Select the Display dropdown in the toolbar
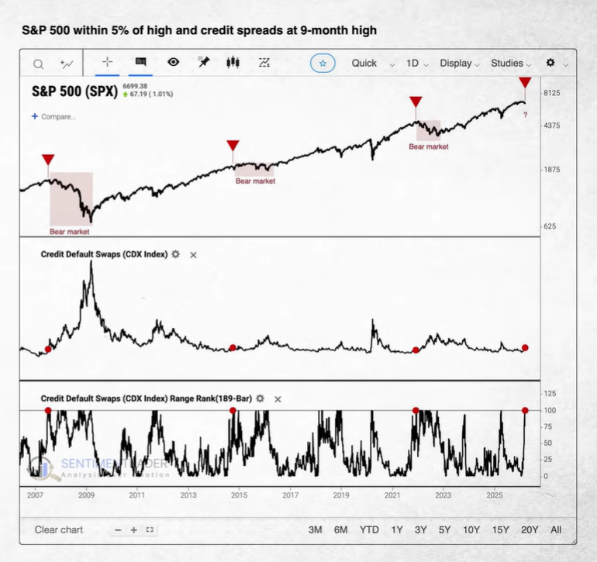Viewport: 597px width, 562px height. (x=459, y=63)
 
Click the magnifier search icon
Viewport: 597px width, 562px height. (x=39, y=64)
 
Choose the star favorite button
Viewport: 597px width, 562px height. (x=323, y=63)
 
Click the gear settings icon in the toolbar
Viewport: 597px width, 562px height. (x=550, y=63)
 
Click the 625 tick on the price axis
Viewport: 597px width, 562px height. (x=549, y=226)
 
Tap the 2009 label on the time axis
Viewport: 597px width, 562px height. (x=86, y=494)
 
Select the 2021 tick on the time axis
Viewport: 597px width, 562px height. (x=392, y=494)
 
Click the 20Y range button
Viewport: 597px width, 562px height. (x=530, y=529)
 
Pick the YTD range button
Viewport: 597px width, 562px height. (x=369, y=529)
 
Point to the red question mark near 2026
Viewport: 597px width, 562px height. (x=525, y=115)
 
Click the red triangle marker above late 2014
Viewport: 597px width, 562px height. (x=233, y=146)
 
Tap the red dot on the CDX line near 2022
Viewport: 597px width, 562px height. (x=416, y=350)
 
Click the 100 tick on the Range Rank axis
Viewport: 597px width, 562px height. (x=550, y=410)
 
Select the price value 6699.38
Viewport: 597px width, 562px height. (x=136, y=86)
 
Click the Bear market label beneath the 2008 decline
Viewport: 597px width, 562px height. (x=70, y=231)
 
